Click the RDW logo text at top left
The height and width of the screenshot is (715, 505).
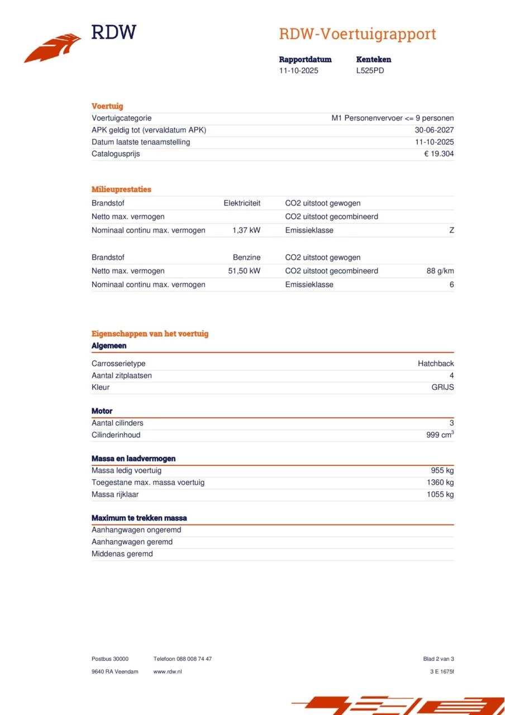pos(113,32)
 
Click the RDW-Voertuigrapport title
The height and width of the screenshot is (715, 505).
pos(358,34)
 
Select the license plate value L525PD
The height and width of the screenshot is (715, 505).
pos(370,71)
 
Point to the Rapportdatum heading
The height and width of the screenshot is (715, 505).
pos(305,59)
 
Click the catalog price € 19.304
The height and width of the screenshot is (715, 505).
pos(439,154)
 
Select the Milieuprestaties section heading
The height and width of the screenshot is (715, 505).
pos(121,189)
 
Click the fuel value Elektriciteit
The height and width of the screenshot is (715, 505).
pos(242,203)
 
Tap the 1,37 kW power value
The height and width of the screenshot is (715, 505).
pos(246,230)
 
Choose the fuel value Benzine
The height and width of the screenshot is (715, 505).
pos(246,258)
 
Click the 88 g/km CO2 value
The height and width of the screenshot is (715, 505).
pos(440,271)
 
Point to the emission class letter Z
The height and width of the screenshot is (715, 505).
pos(451,230)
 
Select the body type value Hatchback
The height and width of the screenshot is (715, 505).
pos(436,364)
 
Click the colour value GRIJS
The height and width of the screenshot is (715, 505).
pos(442,387)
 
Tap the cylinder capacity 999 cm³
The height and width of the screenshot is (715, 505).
pos(440,435)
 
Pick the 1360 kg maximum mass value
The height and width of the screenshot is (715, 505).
pos(440,483)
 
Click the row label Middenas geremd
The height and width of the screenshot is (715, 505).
pos(122,554)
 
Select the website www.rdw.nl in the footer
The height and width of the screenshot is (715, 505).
pos(168,671)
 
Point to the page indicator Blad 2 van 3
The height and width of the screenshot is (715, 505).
pos(439,659)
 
